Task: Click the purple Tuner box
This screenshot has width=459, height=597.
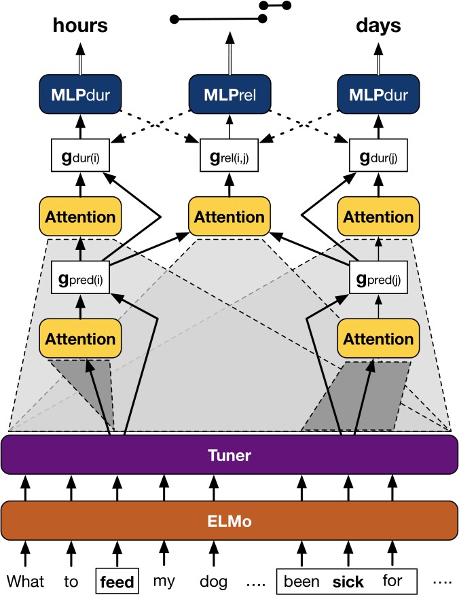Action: [229, 454]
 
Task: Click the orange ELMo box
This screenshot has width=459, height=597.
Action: [229, 520]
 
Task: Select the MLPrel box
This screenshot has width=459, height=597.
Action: [230, 94]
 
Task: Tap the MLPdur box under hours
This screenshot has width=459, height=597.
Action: [80, 94]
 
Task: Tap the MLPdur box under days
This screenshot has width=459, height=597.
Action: [378, 94]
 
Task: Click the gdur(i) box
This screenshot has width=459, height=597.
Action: [80, 156]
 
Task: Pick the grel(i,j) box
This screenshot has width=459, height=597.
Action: [229, 156]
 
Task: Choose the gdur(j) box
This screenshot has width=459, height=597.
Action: [378, 156]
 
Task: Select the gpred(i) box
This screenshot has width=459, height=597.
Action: [80, 277]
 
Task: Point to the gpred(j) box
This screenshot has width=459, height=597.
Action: [378, 277]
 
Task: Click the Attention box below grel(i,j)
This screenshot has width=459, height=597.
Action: [229, 216]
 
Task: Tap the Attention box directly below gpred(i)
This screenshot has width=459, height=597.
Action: [80, 338]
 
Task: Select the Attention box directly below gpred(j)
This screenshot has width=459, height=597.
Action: [378, 338]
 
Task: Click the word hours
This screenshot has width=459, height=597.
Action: [80, 25]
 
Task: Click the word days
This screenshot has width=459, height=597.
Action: [378, 26]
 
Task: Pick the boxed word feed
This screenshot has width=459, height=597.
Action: [117, 581]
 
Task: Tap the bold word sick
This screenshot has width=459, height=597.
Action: [348, 582]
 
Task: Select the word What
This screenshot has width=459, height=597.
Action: [26, 581]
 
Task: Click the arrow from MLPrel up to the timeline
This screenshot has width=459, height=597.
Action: [230, 54]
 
